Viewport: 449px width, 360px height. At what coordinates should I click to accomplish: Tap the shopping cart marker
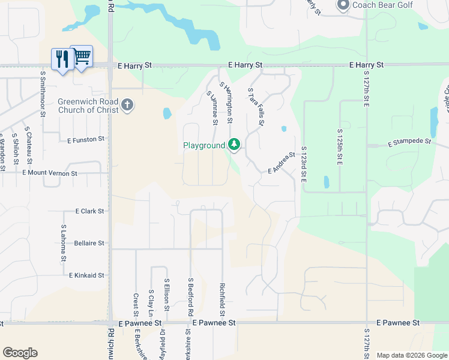coord(82,56)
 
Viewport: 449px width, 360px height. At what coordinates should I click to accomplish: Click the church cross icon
coord(127,106)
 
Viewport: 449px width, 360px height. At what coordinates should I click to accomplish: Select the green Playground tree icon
coord(234,145)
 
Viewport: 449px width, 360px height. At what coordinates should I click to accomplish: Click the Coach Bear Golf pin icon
coord(343,6)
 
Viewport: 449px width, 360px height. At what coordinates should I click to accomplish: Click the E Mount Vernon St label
coord(50,173)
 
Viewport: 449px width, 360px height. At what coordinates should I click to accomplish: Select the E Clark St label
coord(90,211)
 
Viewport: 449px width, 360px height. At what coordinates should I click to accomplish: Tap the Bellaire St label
coord(89,243)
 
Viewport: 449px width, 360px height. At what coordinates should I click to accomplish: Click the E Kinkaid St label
coord(86,275)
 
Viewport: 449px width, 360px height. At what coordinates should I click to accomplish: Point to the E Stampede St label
coord(410,143)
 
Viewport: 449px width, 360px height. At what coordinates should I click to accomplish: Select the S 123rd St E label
coord(304,165)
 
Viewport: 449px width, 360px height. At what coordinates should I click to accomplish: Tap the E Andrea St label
coord(282,163)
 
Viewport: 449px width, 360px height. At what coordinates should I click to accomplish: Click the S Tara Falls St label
coord(256,106)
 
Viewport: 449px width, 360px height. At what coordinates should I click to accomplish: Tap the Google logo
coord(20,353)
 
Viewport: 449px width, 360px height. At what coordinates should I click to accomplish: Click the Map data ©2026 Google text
coord(411,355)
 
